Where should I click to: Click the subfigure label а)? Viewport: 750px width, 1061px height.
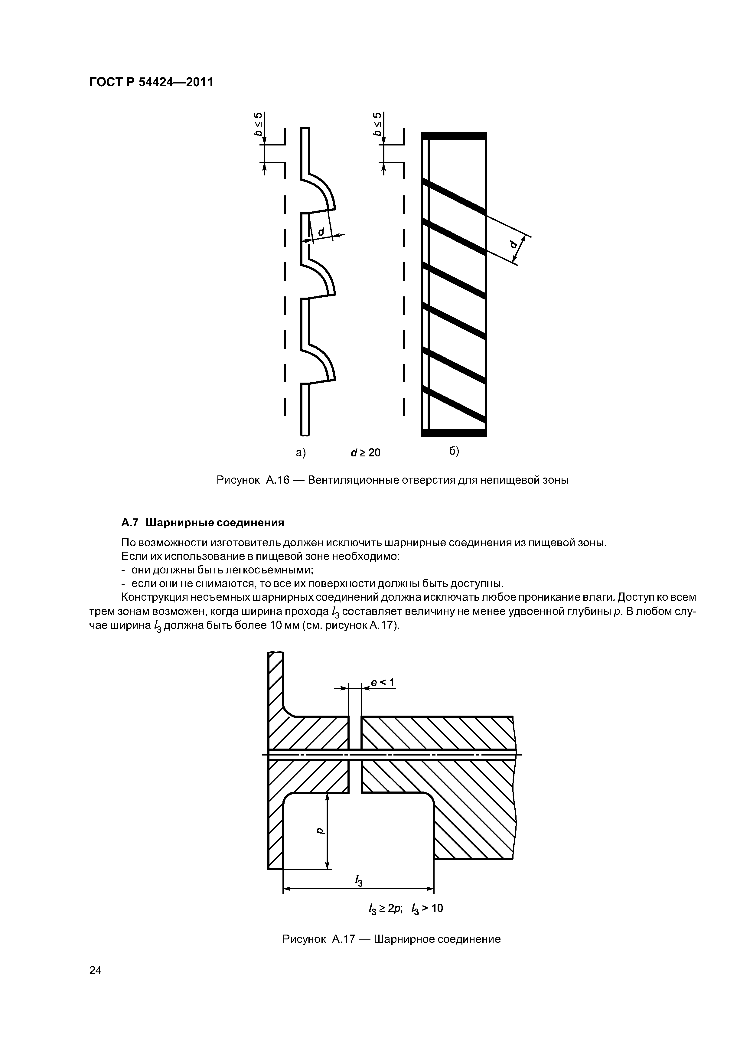(301, 452)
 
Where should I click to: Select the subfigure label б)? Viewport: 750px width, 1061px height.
(454, 451)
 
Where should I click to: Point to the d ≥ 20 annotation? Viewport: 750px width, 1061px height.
(366, 453)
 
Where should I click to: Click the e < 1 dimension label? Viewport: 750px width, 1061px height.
(383, 683)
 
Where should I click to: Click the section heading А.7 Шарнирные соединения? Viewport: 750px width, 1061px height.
(202, 523)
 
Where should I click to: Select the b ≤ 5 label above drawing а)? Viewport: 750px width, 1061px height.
(259, 124)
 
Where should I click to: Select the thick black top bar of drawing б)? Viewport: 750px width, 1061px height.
(454, 136)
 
